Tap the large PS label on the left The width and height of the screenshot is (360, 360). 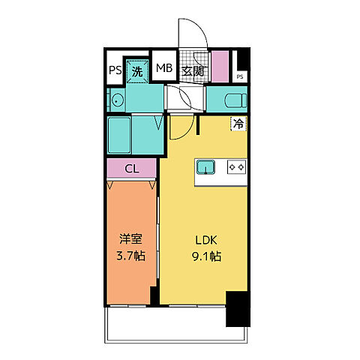(115, 70)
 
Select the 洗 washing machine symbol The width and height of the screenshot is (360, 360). (137, 71)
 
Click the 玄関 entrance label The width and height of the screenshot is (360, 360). (192, 70)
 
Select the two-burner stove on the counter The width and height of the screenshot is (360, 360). (238, 166)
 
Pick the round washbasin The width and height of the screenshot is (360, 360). (117, 100)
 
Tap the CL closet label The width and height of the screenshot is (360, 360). (131, 169)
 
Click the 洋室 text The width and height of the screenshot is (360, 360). (131, 241)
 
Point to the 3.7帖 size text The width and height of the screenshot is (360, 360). (131, 256)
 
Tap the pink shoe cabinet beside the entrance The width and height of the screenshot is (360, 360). (220, 66)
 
